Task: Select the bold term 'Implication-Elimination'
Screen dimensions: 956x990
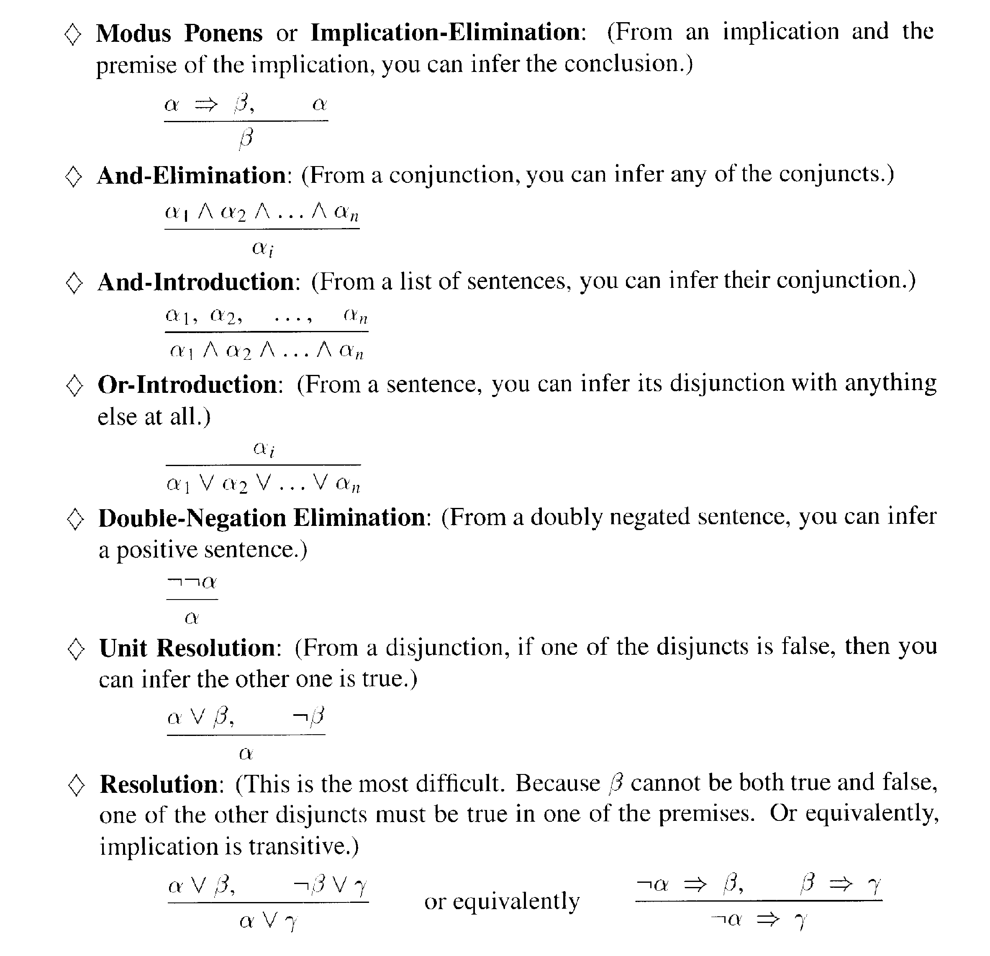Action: click(446, 32)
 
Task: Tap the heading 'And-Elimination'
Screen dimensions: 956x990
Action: click(192, 176)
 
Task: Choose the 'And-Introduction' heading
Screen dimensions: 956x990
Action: click(196, 282)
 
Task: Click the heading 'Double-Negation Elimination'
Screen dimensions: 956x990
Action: click(262, 518)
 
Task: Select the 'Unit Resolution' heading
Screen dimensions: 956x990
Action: click(187, 648)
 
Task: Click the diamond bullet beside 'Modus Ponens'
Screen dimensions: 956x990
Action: click(73, 34)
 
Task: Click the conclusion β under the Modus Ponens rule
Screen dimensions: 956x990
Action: click(246, 138)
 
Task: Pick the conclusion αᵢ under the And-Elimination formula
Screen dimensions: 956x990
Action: click(262, 248)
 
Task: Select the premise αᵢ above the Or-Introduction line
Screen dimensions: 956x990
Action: click(264, 449)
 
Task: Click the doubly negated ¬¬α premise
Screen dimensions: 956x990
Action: click(192, 582)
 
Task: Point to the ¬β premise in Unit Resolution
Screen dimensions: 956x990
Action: click(309, 716)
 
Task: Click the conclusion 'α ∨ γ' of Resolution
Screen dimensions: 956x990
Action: click(268, 921)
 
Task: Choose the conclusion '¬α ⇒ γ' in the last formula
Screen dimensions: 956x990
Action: click(758, 920)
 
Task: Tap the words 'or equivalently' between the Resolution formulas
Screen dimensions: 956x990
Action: click(502, 902)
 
